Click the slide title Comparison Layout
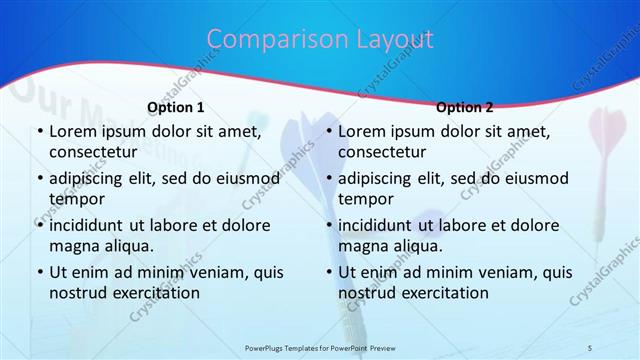click(x=320, y=39)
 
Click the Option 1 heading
click(x=176, y=107)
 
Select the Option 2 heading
click(x=464, y=107)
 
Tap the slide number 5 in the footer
click(x=591, y=347)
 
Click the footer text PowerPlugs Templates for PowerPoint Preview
click(x=320, y=347)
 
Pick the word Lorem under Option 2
click(x=361, y=131)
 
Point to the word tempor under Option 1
click(x=76, y=199)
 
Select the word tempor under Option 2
click(x=365, y=199)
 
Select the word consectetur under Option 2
click(x=382, y=152)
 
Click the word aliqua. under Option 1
click(x=127, y=246)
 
